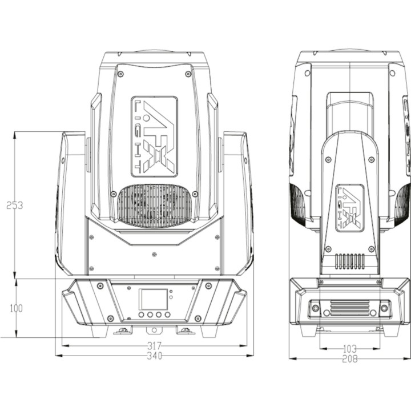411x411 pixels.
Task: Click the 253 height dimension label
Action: (15, 205)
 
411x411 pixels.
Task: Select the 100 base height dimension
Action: (16, 308)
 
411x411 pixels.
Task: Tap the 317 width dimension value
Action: (154, 346)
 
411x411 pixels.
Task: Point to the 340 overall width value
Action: (154, 356)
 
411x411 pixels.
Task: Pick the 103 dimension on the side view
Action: (350, 348)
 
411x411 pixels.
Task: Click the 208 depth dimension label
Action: (350, 359)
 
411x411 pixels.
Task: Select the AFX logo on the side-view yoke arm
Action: (350, 208)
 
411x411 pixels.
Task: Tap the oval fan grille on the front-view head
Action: (155, 205)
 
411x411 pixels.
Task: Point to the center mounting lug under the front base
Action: (152, 330)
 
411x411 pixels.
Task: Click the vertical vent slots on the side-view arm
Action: (350, 261)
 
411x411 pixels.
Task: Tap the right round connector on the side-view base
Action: (384, 308)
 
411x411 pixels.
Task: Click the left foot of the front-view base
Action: (99, 331)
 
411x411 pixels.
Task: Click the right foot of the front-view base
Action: (208, 331)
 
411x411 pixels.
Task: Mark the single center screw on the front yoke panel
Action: (154, 255)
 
